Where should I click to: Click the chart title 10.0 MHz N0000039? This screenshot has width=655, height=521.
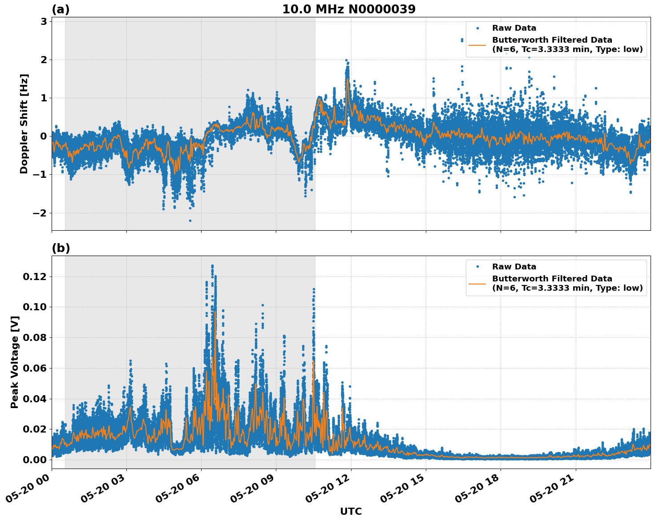pyautogui.click(x=349, y=9)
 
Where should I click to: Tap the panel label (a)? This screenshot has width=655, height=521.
pyautogui.click(x=61, y=9)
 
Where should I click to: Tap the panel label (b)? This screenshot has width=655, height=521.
pyautogui.click(x=61, y=248)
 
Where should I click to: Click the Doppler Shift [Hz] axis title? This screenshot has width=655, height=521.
pyautogui.click(x=24, y=124)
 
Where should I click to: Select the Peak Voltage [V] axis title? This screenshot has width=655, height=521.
pyautogui.click(x=15, y=362)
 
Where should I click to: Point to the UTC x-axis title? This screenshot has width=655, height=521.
pyautogui.click(x=351, y=511)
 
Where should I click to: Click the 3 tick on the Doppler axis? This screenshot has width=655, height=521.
pyautogui.click(x=44, y=21)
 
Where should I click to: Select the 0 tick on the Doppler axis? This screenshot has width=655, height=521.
pyautogui.click(x=44, y=136)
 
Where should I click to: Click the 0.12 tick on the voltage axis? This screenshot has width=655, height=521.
pyautogui.click(x=34, y=277)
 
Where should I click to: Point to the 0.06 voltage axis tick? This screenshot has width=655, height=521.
pyautogui.click(x=34, y=368)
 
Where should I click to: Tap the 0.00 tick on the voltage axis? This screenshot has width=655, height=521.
pyautogui.click(x=34, y=460)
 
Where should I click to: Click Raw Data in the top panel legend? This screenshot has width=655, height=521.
pyautogui.click(x=514, y=28)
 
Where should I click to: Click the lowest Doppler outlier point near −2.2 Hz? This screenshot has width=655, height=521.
pyautogui.click(x=190, y=220)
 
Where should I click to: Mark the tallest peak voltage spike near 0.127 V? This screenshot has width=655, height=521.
pyautogui.click(x=212, y=266)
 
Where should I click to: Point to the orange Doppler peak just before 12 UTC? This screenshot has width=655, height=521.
pyautogui.click(x=348, y=80)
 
